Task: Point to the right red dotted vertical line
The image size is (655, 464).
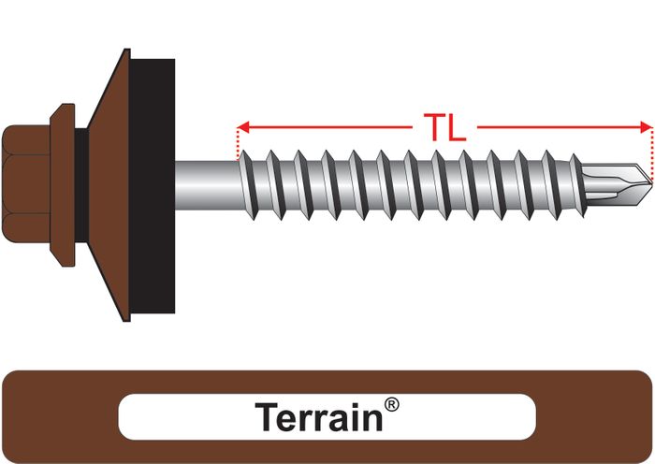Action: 649,150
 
